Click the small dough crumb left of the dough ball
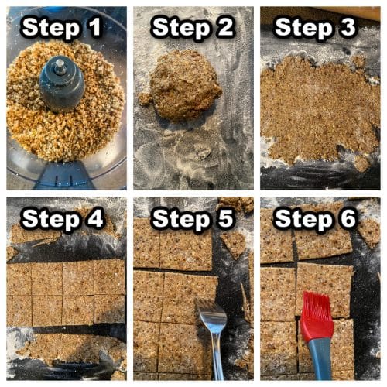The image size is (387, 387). pyautogui.click(x=145, y=99)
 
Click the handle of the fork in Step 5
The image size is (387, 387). pyautogui.click(x=217, y=360)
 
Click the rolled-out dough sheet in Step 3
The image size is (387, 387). pyautogui.click(x=317, y=108)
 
